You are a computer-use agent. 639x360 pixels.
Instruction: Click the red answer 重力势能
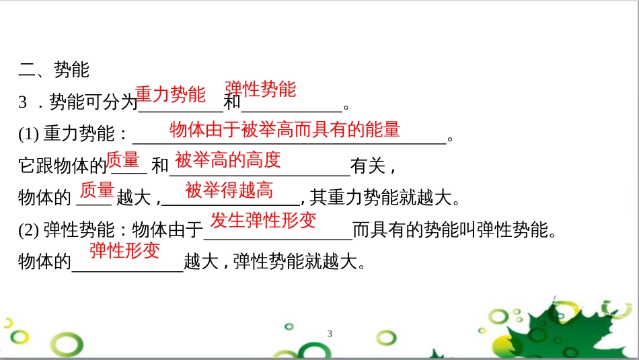point(170,94)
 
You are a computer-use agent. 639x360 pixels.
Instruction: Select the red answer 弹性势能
point(260,89)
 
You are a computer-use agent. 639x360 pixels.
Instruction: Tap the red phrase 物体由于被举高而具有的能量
point(285,129)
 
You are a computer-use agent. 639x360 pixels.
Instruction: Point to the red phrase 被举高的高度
point(227,160)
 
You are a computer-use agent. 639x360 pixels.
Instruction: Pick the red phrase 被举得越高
point(229,190)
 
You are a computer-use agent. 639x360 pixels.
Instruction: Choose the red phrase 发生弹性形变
point(264,220)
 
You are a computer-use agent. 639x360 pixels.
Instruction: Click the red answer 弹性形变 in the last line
point(125,251)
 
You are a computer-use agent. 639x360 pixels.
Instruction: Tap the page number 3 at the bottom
point(330,334)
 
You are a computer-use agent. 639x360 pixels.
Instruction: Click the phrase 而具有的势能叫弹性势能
point(455,231)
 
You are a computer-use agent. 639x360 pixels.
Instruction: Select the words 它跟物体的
point(63,166)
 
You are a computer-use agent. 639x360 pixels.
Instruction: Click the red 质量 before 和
point(123,160)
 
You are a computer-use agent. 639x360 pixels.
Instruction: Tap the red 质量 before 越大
point(97,190)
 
